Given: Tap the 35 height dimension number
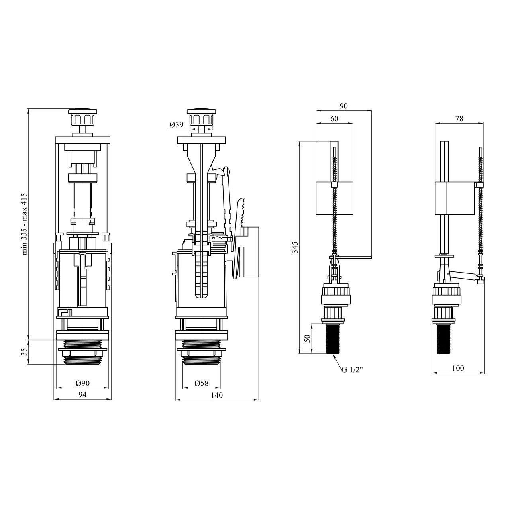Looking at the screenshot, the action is pyautogui.click(x=24, y=352).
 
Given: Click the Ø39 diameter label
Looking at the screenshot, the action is pyautogui.click(x=176, y=124).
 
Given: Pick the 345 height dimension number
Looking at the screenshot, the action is pyautogui.click(x=295, y=247).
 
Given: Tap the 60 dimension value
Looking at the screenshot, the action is pyautogui.click(x=334, y=119).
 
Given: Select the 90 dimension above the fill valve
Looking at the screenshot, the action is pyautogui.click(x=343, y=106).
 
